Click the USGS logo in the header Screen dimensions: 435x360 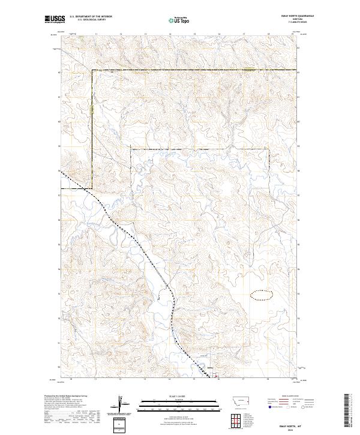click(x=55, y=19)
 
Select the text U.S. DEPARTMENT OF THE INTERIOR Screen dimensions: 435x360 click(x=91, y=17)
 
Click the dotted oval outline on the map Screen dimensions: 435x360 click(x=260, y=294)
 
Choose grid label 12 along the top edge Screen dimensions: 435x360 click(x=120, y=34)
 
